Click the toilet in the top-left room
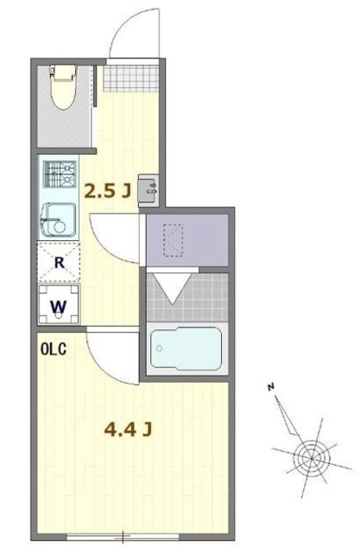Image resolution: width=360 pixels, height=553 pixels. pyautogui.click(x=63, y=86)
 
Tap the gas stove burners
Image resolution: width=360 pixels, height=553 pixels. pyautogui.click(x=60, y=175)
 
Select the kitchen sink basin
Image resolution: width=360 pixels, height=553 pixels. pyautogui.click(x=58, y=220)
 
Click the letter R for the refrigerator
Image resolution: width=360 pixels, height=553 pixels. pyautogui.click(x=60, y=263)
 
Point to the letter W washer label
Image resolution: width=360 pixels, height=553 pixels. pyautogui.click(x=59, y=307)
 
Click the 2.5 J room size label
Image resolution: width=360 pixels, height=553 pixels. pyautogui.click(x=107, y=191)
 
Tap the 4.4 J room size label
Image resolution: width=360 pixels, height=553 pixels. pyautogui.click(x=129, y=429)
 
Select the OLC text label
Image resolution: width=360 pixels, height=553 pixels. pyautogui.click(x=54, y=349)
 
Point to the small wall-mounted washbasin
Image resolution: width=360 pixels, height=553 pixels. pyautogui.click(x=148, y=190)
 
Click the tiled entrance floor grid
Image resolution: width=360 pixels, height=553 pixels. pyautogui.click(x=131, y=79)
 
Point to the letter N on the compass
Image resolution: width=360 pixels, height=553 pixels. pyautogui.click(x=270, y=387)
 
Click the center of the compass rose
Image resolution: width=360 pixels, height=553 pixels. pyautogui.click(x=312, y=457)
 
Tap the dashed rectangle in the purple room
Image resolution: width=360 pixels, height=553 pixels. pyautogui.click(x=173, y=240)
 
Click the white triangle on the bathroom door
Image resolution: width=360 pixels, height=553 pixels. pyautogui.click(x=173, y=288)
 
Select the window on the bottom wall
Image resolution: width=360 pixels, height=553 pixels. pyautogui.click(x=123, y=537)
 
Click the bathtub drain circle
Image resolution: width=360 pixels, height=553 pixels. pyautogui.click(x=159, y=348)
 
